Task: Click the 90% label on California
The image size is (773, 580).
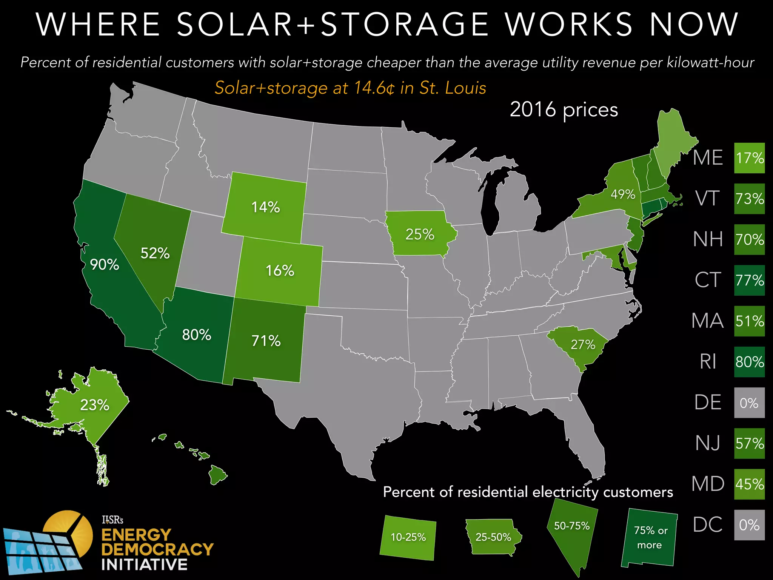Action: [105, 265]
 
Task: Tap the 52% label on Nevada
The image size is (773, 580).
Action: [155, 253]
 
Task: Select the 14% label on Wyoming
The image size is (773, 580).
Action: [265, 207]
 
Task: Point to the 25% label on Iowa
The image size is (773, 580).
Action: [420, 234]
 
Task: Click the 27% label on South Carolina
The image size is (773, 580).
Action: [582, 344]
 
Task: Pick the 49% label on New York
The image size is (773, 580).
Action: [623, 194]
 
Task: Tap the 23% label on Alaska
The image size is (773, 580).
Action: [94, 405]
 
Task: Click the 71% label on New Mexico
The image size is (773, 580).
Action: [266, 341]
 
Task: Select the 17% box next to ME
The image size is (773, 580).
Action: [749, 158]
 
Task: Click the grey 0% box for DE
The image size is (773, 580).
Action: [749, 403]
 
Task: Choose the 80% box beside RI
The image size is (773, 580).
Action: [749, 362]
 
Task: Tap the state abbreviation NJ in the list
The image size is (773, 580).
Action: [708, 443]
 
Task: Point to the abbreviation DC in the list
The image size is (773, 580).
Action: [708, 525]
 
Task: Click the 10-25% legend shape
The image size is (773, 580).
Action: [408, 537]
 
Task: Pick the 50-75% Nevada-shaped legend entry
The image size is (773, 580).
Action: [572, 532]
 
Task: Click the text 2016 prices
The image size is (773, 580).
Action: [564, 110]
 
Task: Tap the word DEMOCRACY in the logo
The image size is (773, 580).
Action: [157, 549]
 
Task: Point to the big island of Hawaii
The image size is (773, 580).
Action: [217, 475]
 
